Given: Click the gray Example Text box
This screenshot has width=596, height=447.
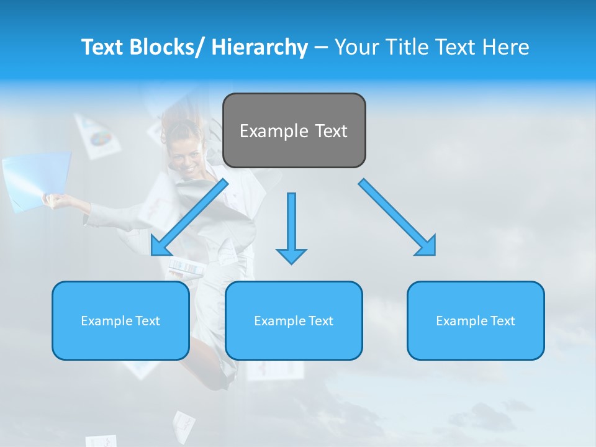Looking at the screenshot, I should click(294, 130).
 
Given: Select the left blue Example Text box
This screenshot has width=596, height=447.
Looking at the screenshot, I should click(120, 320).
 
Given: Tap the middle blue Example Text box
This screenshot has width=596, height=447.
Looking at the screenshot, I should click(294, 320).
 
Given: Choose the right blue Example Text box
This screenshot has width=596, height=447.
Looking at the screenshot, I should click(476, 320).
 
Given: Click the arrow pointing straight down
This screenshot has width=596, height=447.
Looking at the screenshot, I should click(291, 227).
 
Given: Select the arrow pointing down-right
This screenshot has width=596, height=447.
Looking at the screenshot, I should click(397, 217).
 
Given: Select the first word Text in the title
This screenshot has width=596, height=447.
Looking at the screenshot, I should click(103, 47).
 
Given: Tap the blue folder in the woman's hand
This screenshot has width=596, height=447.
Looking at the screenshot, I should click(37, 180).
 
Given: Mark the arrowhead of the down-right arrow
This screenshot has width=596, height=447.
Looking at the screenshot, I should click(427, 246).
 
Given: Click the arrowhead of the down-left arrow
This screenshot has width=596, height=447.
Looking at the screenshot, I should click(161, 246).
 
